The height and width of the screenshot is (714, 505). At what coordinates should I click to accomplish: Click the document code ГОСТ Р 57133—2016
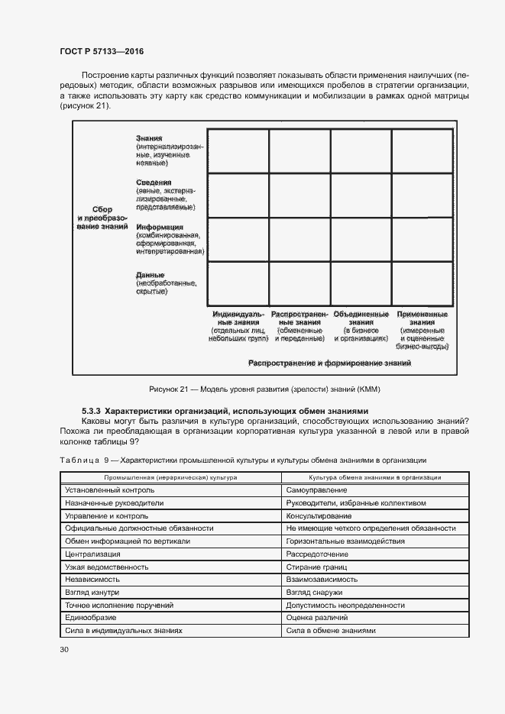point(102,51)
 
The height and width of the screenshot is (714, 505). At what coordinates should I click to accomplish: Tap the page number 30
point(64,649)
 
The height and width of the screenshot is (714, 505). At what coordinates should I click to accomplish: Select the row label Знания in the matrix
point(149,137)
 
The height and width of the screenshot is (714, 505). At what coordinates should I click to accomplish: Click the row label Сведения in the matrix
point(154,183)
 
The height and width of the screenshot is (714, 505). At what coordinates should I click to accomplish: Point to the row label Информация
point(160,227)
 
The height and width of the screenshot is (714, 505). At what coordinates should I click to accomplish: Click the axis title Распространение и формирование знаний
point(330,363)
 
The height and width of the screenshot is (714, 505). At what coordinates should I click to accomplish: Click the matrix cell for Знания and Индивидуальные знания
point(238,151)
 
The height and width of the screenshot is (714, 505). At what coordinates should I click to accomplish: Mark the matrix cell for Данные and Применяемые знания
point(422,283)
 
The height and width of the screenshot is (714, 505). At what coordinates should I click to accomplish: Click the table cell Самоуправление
point(314,489)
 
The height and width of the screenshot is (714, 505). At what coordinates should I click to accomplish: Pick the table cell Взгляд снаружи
point(314,593)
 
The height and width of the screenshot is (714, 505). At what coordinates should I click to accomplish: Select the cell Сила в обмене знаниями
point(331,631)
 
